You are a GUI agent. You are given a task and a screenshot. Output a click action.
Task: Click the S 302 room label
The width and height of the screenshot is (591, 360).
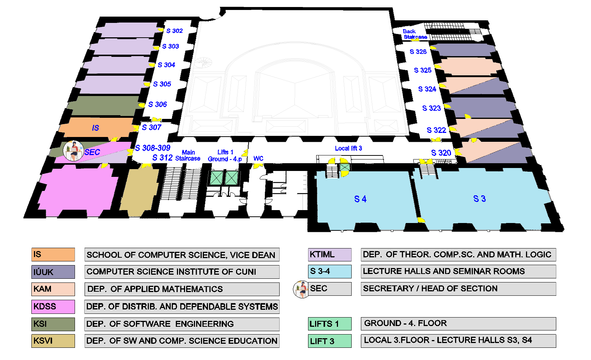[x=174, y=31]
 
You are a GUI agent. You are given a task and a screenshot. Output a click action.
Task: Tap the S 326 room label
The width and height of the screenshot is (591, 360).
[x=418, y=52]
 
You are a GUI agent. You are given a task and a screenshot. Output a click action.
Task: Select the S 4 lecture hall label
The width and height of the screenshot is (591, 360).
[x=360, y=199]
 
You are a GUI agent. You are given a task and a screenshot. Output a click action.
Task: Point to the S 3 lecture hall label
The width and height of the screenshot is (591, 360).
[x=479, y=199]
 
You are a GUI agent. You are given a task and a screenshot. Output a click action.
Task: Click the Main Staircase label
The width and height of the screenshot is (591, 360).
[x=188, y=155]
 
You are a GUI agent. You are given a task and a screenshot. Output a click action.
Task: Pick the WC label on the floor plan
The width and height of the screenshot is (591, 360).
[x=258, y=158]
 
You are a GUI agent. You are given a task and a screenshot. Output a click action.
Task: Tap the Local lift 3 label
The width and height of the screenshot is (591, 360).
[x=348, y=148]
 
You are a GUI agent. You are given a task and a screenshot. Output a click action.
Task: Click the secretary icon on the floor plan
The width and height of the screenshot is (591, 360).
[x=73, y=151]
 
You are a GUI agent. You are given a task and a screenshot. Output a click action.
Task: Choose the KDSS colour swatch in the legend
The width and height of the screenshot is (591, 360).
[x=53, y=306]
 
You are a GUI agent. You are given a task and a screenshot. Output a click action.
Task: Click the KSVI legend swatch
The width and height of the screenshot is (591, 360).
[x=53, y=341]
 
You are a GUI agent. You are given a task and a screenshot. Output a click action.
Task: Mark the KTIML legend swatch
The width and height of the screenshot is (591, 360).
[x=330, y=254]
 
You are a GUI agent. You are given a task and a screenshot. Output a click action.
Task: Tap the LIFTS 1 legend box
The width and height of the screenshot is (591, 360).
[x=330, y=324]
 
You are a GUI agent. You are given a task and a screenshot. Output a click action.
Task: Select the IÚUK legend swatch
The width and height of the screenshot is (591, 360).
[x=53, y=272]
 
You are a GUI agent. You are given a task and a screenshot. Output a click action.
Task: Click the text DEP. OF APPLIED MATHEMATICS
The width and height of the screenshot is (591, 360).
[x=155, y=289]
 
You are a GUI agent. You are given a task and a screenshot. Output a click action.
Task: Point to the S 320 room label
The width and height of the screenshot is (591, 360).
[x=441, y=153]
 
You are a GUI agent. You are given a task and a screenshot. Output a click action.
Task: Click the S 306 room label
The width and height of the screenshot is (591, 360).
[x=157, y=104]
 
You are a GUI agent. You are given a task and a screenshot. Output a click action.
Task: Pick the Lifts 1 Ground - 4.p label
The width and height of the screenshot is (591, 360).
[x=225, y=155]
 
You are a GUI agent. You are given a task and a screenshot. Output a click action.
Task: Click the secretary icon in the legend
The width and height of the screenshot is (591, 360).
[x=301, y=289]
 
